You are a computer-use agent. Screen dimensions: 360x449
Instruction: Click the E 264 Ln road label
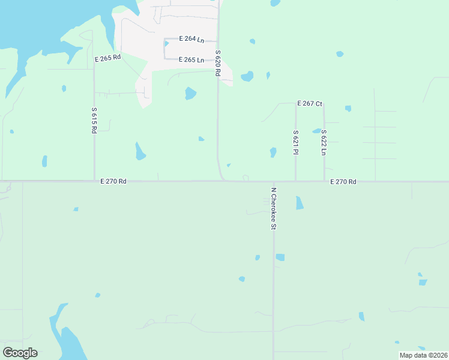click(192, 40)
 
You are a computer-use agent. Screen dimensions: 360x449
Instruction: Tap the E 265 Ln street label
click(192, 59)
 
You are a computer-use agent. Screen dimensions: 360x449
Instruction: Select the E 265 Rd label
click(108, 58)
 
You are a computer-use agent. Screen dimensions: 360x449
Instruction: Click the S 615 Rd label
click(94, 120)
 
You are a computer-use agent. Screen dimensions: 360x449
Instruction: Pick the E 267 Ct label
click(310, 104)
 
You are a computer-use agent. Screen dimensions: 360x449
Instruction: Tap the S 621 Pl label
click(296, 143)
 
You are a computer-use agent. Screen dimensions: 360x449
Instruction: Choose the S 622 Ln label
click(324, 143)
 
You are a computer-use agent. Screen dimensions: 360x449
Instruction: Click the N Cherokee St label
click(273, 208)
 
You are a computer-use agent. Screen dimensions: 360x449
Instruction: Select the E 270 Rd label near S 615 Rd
click(113, 181)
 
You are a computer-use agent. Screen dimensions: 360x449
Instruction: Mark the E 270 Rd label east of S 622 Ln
click(343, 181)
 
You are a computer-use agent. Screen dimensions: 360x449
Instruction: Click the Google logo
click(20, 353)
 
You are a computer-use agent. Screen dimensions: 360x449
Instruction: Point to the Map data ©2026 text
click(423, 355)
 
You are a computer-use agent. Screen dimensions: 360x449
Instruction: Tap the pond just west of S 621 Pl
click(273, 152)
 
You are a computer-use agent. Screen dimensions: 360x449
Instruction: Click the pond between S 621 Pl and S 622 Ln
click(316, 131)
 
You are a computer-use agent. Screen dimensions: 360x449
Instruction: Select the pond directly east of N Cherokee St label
click(300, 203)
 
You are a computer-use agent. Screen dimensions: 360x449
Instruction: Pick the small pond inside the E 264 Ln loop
click(166, 43)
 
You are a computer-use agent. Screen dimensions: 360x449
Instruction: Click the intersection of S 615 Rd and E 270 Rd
click(94, 181)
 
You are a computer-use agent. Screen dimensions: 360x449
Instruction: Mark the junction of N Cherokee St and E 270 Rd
click(273, 181)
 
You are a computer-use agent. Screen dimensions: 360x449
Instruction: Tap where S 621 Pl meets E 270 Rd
click(296, 181)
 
